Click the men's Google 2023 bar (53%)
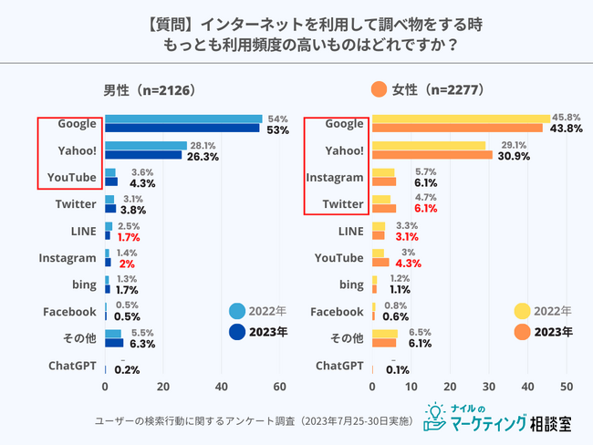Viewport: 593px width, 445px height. pyautogui.click(x=182, y=128)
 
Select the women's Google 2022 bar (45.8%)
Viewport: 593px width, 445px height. pyautogui.click(x=461, y=119)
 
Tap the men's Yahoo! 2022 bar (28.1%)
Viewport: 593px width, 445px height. pyautogui.click(x=146, y=146)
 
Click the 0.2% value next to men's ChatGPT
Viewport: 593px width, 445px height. pyautogui.click(x=128, y=369)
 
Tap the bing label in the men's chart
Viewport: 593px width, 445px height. pyautogui.click(x=81, y=285)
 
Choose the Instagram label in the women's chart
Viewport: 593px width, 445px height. pyautogui.click(x=337, y=178)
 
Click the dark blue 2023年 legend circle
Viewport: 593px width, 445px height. pyautogui.click(x=236, y=332)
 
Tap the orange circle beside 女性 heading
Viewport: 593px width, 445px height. pyautogui.click(x=379, y=89)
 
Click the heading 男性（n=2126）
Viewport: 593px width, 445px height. pyautogui.click(x=150, y=90)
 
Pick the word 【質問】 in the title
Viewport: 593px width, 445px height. pyautogui.click(x=202, y=21)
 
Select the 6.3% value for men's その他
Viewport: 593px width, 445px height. pyautogui.click(x=142, y=344)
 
